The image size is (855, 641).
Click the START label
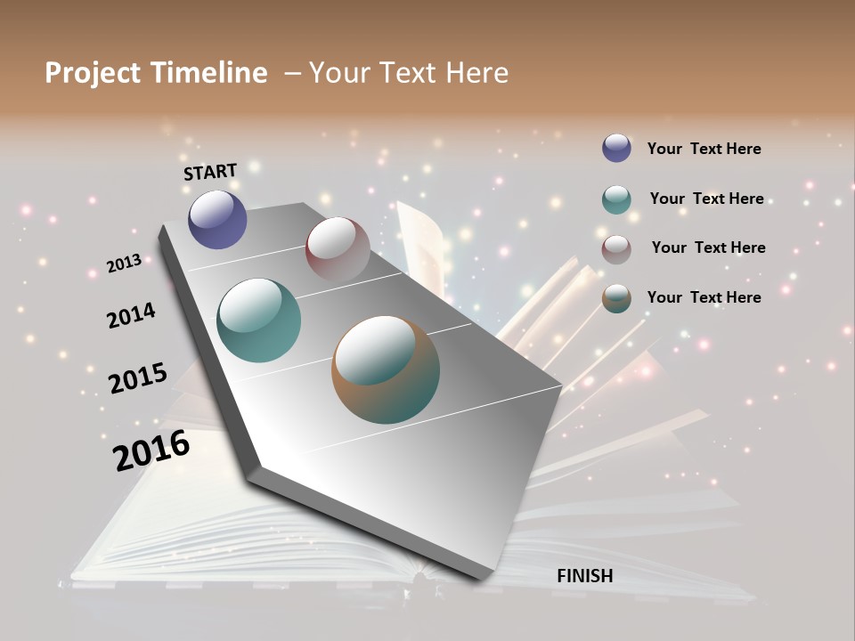(x=210, y=172)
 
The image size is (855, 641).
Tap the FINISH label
(x=585, y=576)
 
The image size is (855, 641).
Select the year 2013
(x=124, y=264)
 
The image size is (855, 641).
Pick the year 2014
(x=131, y=315)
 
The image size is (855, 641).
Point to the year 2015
(x=138, y=378)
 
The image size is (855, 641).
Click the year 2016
(x=151, y=450)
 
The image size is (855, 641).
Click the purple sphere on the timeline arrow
(x=217, y=219)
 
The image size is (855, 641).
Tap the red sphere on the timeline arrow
(x=338, y=249)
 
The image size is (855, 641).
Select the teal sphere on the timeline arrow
(x=259, y=320)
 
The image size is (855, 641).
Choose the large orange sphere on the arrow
(x=386, y=369)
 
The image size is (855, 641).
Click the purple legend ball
(x=616, y=148)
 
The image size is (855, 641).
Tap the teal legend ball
(x=616, y=199)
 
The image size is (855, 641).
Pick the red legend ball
(x=616, y=249)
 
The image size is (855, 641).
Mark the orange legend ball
(x=616, y=299)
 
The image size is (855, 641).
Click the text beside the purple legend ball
(x=704, y=149)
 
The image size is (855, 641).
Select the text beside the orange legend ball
(x=704, y=297)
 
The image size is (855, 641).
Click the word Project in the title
(x=92, y=73)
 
